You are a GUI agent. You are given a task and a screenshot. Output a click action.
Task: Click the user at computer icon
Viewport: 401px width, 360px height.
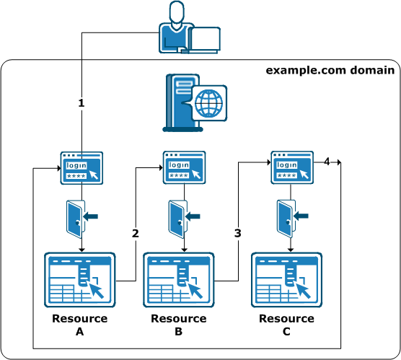[188, 29]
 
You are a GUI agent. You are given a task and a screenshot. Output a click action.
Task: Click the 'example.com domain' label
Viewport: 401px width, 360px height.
[330, 70]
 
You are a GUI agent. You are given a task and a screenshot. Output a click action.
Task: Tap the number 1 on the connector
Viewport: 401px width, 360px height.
[81, 103]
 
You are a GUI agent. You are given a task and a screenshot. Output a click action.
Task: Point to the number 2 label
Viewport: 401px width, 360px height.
[135, 233]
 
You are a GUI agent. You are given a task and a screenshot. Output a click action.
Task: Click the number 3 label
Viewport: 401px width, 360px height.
[237, 233]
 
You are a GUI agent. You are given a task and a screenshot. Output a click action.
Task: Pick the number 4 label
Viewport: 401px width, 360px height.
[327, 162]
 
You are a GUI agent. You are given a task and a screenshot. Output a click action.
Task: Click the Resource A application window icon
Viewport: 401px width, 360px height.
[79, 281]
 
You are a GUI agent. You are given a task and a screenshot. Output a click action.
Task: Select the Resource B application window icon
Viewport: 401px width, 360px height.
[179, 281]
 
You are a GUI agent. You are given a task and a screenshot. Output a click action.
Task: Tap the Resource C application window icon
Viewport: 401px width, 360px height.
[286, 281]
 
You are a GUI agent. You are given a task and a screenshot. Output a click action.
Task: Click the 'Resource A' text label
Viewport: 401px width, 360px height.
[79, 325]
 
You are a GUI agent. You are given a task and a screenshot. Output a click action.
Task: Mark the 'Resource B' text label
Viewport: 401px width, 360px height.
[179, 325]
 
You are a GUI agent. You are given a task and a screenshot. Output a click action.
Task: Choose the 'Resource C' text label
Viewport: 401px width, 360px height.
[286, 325]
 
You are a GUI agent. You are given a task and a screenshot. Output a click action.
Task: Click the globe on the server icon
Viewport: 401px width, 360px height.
[210, 103]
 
